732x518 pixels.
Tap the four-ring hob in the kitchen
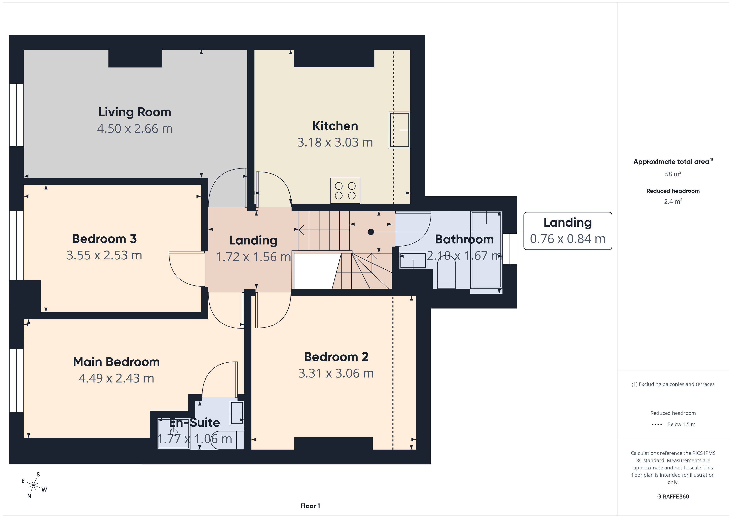click(x=345, y=191)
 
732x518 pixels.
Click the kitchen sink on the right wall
click(x=399, y=130)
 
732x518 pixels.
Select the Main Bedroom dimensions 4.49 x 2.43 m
click(x=116, y=378)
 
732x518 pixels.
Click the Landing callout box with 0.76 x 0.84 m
click(x=567, y=231)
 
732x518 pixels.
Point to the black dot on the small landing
click(x=371, y=232)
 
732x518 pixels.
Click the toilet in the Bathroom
click(x=446, y=273)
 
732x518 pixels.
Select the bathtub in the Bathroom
click(x=486, y=250)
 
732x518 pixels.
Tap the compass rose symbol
click(x=33, y=485)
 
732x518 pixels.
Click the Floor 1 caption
click(x=310, y=506)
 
